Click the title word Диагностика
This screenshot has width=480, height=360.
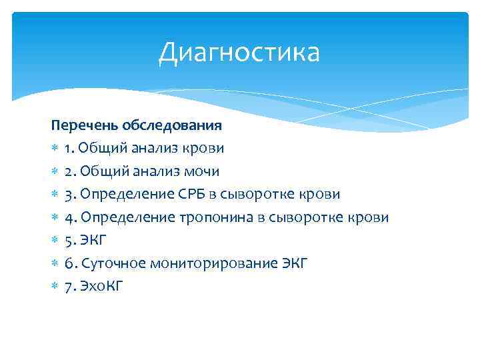coord(239,53)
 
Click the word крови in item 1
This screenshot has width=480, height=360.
coord(206,148)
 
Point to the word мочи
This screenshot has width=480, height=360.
coord(203,171)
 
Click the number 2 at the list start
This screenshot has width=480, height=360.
coord(69,171)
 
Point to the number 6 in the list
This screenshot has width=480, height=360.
coord(69,263)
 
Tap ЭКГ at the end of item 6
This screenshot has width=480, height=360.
coord(294,263)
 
